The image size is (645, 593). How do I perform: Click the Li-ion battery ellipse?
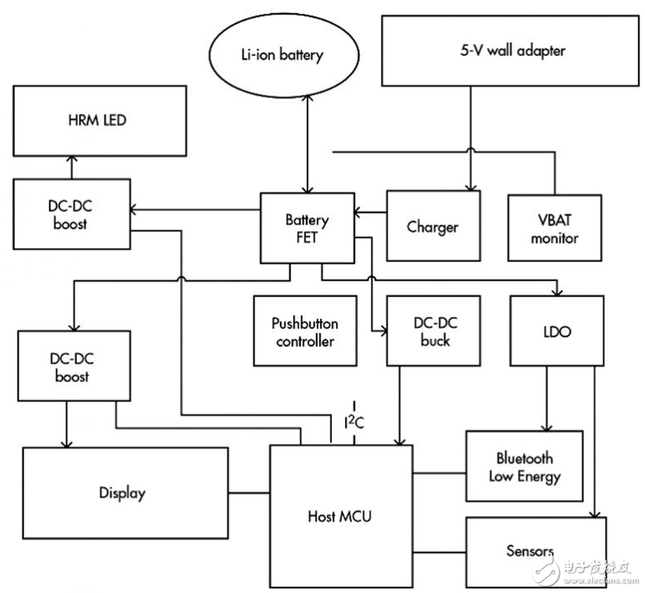tap(284, 55)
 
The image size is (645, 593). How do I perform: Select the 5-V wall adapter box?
tap(510, 51)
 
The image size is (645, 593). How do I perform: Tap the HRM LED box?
tap(99, 121)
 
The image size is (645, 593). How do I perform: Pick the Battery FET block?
tap(308, 228)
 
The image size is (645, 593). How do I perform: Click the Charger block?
tap(434, 226)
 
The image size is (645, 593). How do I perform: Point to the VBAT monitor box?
tap(555, 228)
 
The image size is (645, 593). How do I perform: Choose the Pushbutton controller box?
tap(305, 331)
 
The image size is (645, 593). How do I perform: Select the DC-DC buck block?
tap(434, 331)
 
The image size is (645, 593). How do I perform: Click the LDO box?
tap(557, 331)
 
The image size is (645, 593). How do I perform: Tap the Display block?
tap(125, 493)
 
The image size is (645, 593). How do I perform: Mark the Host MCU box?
tap(341, 516)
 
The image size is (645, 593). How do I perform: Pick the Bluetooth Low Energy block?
tap(524, 466)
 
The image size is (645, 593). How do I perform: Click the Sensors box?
tap(536, 552)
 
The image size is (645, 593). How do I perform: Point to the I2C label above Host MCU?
tap(354, 422)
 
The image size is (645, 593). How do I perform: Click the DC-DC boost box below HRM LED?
tap(72, 215)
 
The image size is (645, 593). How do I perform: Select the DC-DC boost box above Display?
tap(74, 365)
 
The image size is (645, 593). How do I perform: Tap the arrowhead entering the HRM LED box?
tap(72, 159)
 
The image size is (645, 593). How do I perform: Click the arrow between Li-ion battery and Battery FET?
tap(308, 144)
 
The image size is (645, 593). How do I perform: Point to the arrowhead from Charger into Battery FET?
tap(358, 212)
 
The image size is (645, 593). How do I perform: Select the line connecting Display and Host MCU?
tap(249, 493)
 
